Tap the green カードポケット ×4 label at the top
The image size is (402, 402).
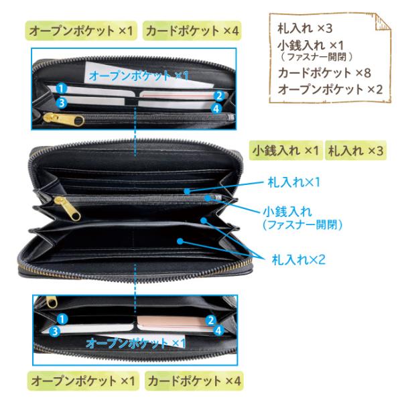[x=192, y=31]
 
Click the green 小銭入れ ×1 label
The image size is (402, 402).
[x=285, y=150]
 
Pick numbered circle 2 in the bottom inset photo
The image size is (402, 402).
[x=210, y=320]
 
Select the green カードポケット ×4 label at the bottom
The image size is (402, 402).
[x=192, y=381]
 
